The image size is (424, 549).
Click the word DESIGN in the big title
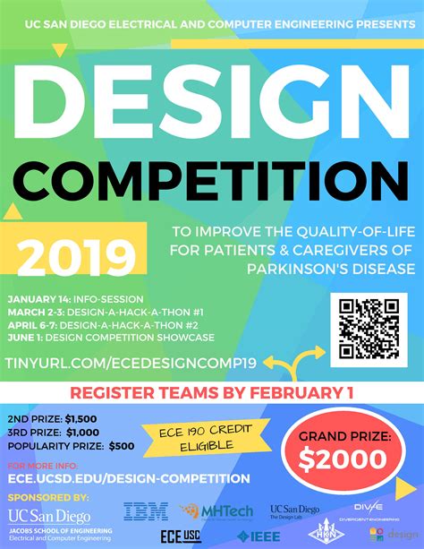point(212,98)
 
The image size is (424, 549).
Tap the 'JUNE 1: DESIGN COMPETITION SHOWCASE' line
point(110,338)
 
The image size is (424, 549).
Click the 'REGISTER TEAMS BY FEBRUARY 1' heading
point(211,391)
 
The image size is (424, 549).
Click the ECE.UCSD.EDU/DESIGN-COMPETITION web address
point(106,478)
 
